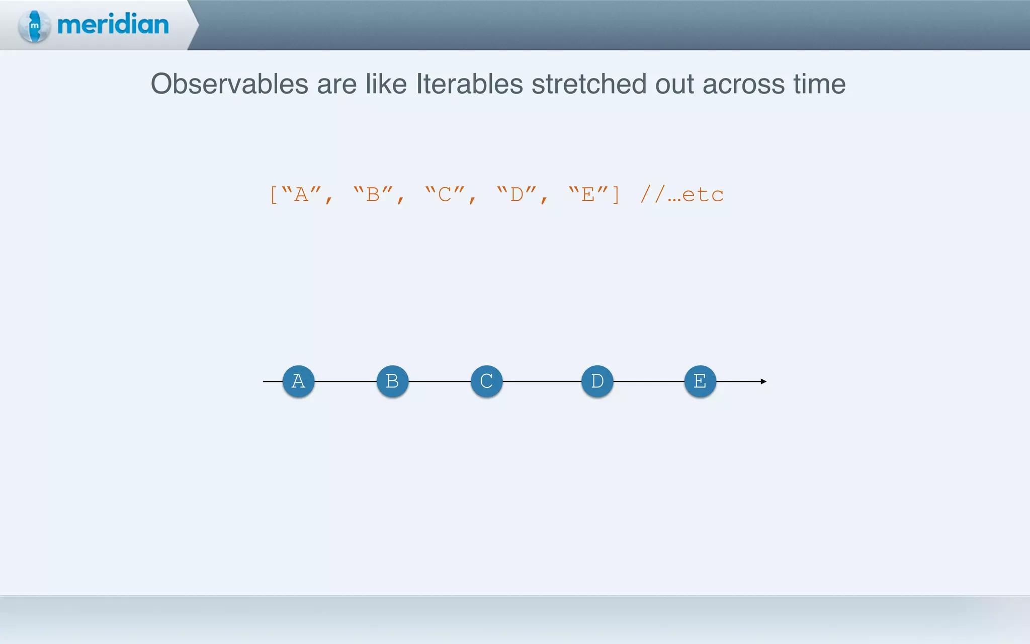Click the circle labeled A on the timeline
(x=298, y=381)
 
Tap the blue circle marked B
(x=392, y=381)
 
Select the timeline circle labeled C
(x=486, y=381)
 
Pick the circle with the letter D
(x=597, y=381)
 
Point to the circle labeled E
(x=700, y=381)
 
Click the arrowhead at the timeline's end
(x=763, y=381)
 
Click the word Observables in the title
(x=229, y=84)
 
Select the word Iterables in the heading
(x=469, y=84)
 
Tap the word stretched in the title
(x=589, y=84)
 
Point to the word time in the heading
(x=819, y=84)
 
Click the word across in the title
(x=743, y=84)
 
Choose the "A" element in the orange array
(x=301, y=194)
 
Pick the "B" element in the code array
(x=373, y=194)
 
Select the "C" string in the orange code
(x=445, y=194)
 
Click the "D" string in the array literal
(x=517, y=194)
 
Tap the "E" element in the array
(x=588, y=194)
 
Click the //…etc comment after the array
(x=682, y=194)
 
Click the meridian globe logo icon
(x=34, y=26)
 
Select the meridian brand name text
(x=113, y=25)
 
